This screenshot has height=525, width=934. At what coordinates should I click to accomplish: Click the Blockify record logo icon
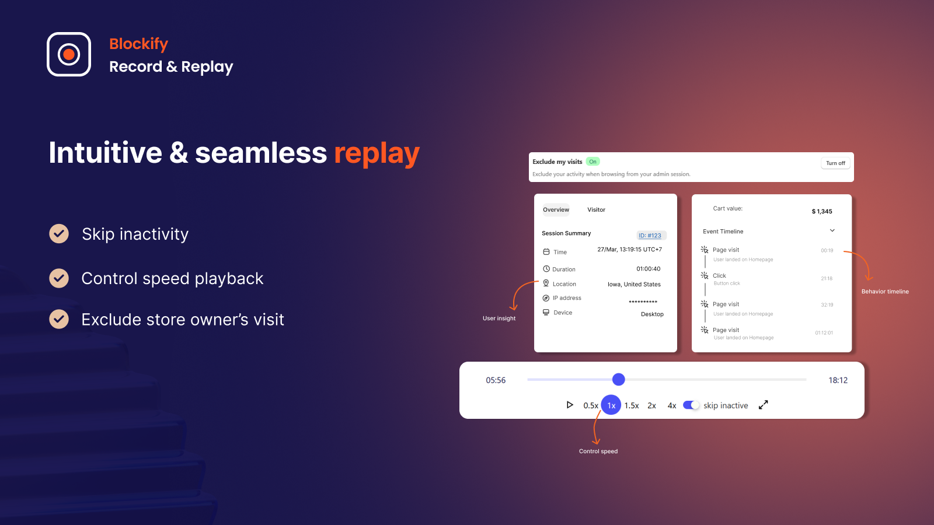tap(69, 54)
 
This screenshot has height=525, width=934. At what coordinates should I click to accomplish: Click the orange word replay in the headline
tap(377, 153)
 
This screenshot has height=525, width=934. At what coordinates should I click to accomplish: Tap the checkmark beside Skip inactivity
tap(59, 234)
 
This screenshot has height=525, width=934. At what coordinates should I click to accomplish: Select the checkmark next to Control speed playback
tap(59, 278)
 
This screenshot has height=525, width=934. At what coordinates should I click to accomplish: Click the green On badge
tap(593, 162)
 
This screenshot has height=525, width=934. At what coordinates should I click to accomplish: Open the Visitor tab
tap(596, 210)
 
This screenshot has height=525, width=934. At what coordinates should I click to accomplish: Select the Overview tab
tap(556, 210)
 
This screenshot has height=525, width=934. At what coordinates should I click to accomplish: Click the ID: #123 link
tap(650, 236)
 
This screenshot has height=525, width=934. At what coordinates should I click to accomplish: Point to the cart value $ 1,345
tap(822, 211)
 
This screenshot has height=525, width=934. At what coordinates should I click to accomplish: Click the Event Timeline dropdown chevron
tap(832, 231)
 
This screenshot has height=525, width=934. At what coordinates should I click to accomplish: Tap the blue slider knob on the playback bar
tap(619, 380)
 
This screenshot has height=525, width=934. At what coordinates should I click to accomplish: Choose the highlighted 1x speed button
tap(611, 405)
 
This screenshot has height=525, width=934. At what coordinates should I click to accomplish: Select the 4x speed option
tap(672, 405)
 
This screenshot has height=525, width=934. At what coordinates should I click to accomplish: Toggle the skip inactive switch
tap(691, 405)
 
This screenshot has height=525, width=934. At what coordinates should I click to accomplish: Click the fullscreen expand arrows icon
tap(764, 405)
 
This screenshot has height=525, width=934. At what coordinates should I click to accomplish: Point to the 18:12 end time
tap(838, 380)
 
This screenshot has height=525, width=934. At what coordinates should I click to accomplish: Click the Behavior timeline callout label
tap(885, 292)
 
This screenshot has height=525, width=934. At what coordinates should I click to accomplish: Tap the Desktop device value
tap(652, 314)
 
